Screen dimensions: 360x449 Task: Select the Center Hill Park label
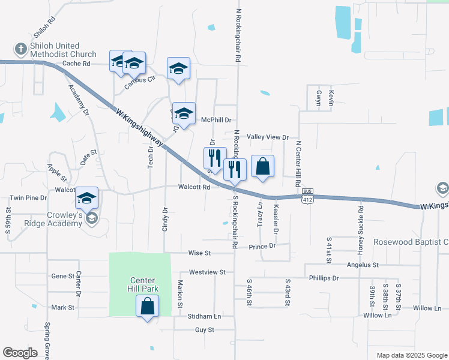click(143, 286)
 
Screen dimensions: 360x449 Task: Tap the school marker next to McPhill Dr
click(184, 113)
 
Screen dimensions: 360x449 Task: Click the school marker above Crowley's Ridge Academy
click(87, 197)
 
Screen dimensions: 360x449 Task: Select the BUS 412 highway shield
click(308, 197)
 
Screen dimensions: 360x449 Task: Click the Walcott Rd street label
click(194, 187)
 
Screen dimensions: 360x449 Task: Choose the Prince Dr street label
click(262, 246)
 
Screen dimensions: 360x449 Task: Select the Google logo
click(20, 353)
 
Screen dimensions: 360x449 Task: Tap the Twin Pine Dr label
click(28, 198)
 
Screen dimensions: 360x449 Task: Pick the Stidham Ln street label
click(205, 316)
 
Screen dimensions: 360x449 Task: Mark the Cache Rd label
click(76, 63)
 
